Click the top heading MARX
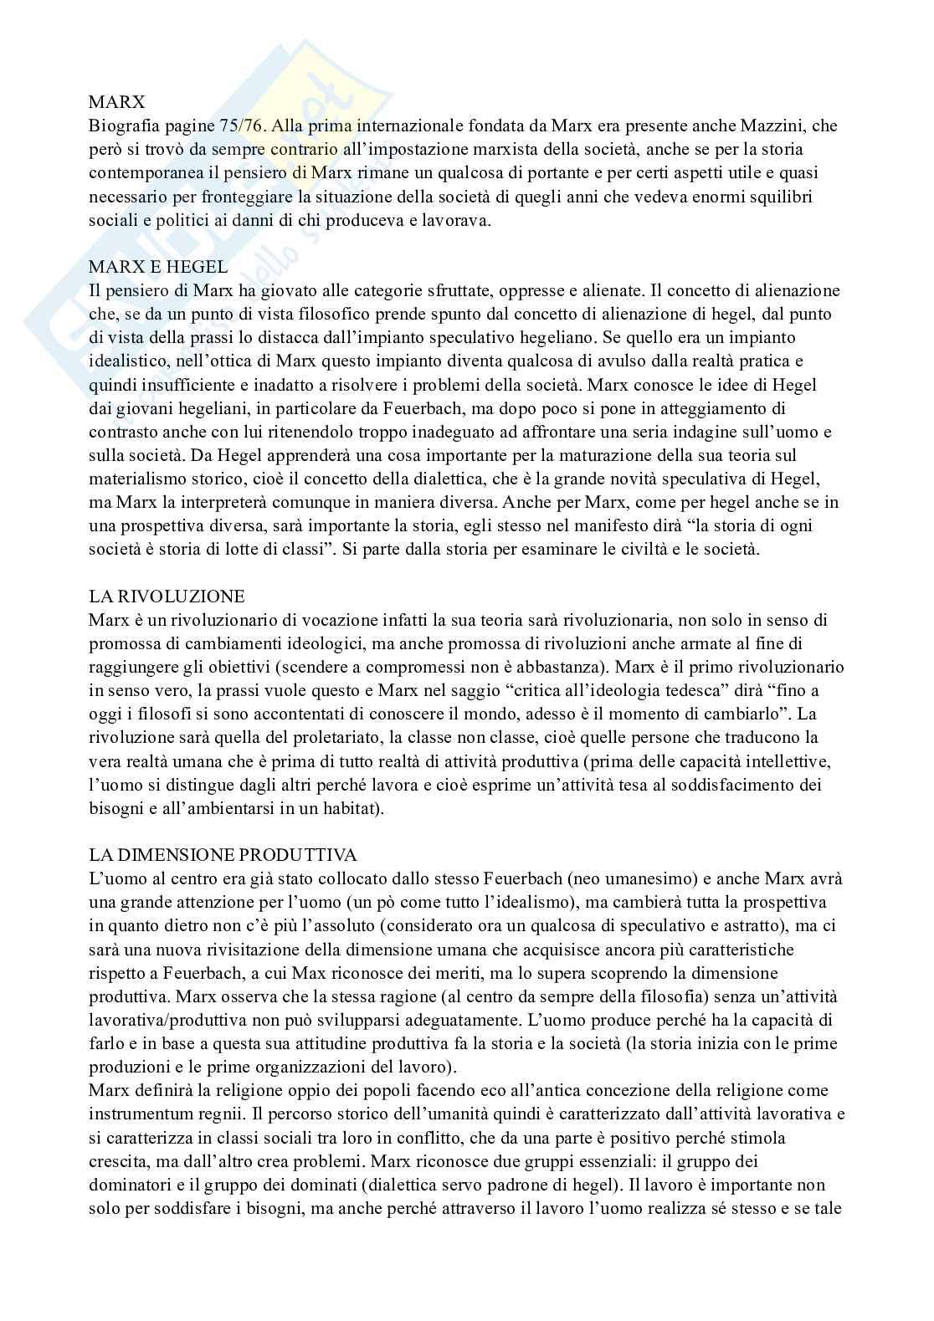pos(117,102)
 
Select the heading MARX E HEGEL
pos(158,267)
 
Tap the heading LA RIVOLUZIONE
pos(167,596)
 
